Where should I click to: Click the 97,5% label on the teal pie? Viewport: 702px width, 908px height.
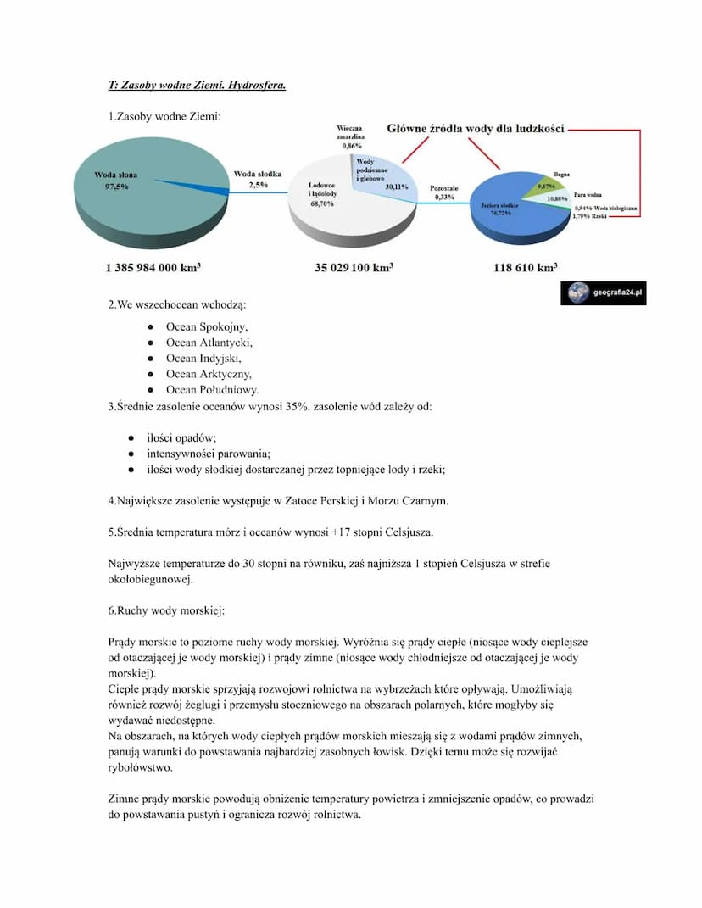click(116, 187)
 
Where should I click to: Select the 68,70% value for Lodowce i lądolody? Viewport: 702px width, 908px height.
click(321, 203)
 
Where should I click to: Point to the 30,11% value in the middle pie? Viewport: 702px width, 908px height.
click(397, 187)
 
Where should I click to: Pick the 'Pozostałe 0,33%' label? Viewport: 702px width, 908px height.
click(443, 192)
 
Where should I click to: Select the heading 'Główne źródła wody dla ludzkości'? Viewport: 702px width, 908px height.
click(476, 128)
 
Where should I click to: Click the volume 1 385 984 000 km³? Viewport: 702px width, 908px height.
click(153, 268)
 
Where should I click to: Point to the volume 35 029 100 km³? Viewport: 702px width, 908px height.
click(354, 268)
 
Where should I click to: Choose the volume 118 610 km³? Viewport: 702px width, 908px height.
click(526, 268)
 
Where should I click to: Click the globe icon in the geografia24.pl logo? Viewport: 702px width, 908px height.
click(578, 293)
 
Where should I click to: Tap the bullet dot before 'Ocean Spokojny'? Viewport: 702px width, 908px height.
click(149, 326)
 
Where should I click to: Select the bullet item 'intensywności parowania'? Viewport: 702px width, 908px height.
click(209, 454)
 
